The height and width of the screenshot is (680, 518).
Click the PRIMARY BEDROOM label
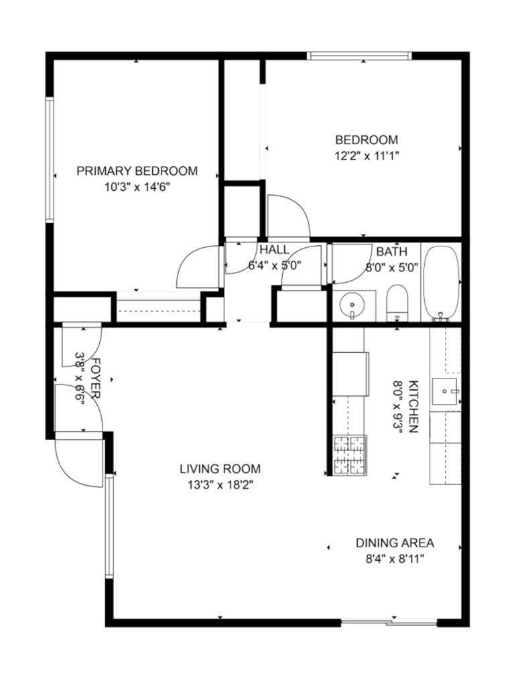click(x=137, y=171)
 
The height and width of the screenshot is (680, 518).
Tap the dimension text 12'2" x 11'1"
click(x=367, y=155)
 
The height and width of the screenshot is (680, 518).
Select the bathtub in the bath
click(x=441, y=283)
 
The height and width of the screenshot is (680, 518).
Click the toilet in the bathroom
click(x=397, y=303)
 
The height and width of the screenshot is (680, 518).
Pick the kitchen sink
click(x=445, y=391)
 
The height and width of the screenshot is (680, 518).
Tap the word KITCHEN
click(x=413, y=407)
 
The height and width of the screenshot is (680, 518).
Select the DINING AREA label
click(x=395, y=543)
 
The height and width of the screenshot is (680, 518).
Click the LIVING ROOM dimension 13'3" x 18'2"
click(x=220, y=485)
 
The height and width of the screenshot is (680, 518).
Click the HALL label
click(x=274, y=250)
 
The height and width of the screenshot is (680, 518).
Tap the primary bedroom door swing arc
click(x=186, y=260)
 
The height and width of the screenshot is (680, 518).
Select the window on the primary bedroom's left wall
click(x=50, y=160)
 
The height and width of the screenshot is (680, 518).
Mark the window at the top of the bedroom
click(x=359, y=56)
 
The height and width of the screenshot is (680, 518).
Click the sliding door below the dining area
click(x=389, y=623)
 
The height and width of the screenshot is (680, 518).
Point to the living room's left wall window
click(x=109, y=526)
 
